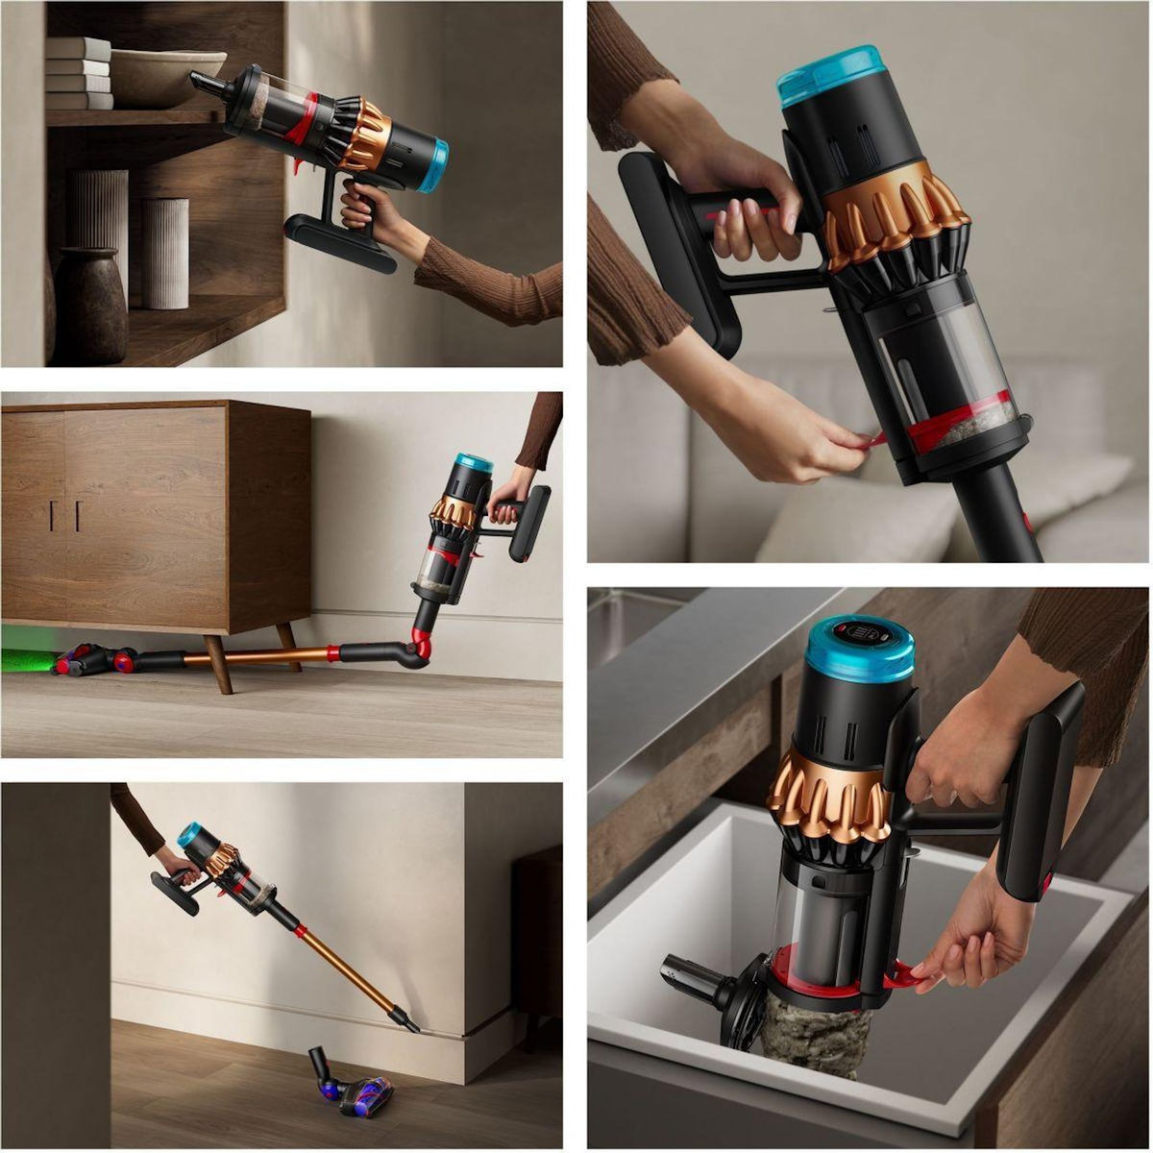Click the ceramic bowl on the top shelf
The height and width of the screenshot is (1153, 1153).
tap(163, 77)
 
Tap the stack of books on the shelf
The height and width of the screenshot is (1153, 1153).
tap(79, 73)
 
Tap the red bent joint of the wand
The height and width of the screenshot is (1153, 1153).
tap(421, 645)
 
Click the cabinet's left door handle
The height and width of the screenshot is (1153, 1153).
tap(53, 515)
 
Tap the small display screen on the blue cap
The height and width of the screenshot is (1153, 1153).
tap(859, 635)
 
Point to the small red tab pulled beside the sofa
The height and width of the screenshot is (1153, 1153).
tap(874, 442)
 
